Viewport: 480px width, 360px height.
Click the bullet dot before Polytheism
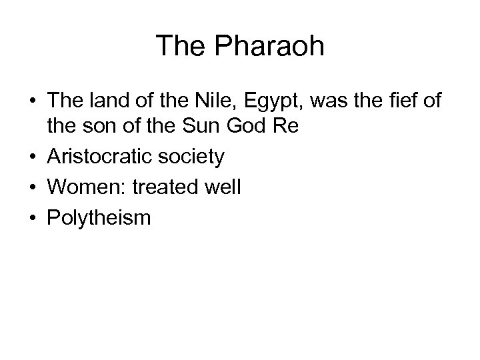pyautogui.click(x=33, y=217)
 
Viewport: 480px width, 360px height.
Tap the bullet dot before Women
pyautogui.click(x=33, y=188)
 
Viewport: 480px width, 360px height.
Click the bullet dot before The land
pyautogui.click(x=33, y=101)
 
